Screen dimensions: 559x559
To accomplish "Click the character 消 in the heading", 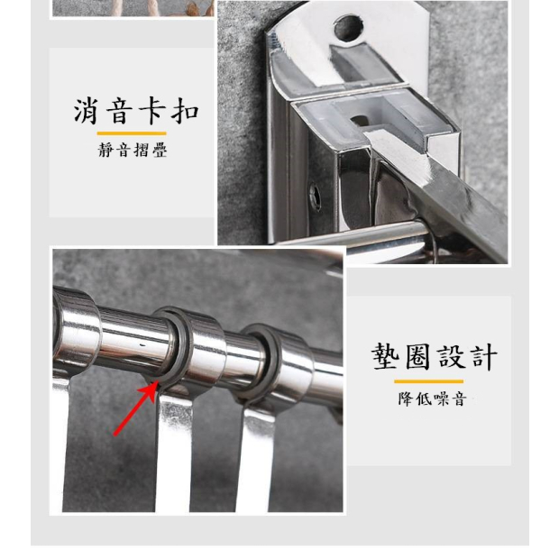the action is point(86,111).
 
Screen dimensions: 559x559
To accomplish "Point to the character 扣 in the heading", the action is point(185,111).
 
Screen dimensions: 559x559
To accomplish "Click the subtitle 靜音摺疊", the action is point(133,150).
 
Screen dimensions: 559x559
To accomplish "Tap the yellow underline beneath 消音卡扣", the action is point(132,133).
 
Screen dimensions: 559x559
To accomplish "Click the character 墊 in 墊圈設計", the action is point(385,356).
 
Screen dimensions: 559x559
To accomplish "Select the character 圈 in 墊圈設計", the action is point(417,356).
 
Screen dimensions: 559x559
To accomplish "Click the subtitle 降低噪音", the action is point(432,399).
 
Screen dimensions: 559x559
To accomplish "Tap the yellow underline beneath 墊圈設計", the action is point(428,381).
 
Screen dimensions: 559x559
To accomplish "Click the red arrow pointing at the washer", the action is point(136,408).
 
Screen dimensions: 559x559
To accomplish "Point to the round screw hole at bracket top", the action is point(348,27).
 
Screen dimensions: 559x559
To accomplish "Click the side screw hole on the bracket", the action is point(316,196).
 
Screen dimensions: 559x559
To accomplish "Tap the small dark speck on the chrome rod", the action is point(142,344).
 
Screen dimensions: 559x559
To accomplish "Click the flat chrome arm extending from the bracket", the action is point(438,186).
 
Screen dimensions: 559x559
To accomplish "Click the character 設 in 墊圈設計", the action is point(452,356).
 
